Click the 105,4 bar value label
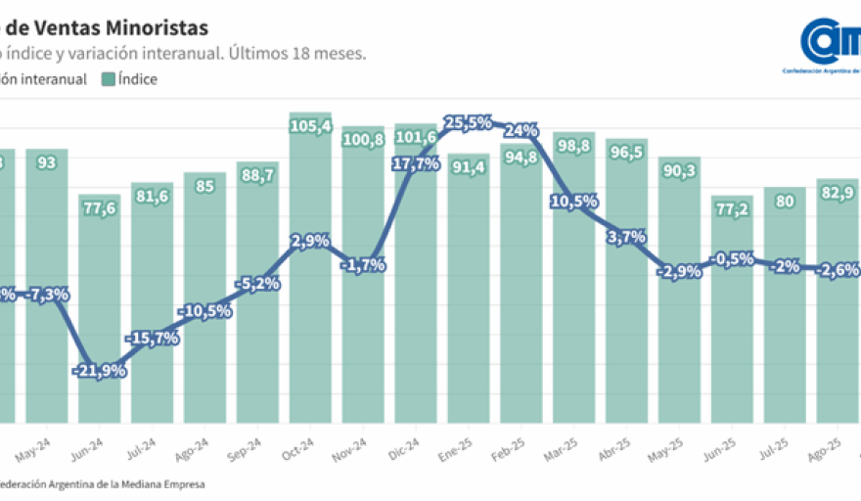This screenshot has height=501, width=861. pos(310,125)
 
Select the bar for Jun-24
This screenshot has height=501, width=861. pos(99,313)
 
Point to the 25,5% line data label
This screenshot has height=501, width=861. pos(468,123)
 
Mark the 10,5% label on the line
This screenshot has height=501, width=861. pos(574,202)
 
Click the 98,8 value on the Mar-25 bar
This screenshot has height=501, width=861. pos(573,146)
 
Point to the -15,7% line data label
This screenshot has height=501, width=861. pos(152,339)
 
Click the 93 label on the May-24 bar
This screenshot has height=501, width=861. pos(46,162)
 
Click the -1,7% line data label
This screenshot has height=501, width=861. pos(363,264)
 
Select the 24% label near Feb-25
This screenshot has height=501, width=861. pos(521,130)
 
